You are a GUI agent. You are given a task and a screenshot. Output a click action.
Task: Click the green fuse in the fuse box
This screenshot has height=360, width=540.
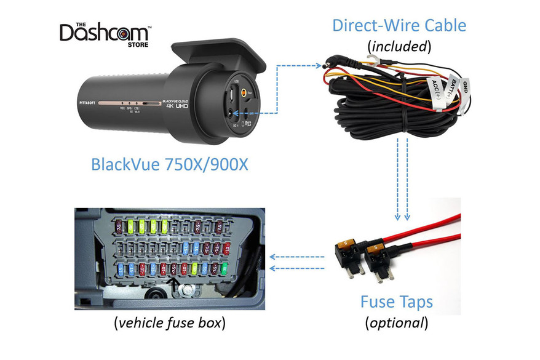point(224,268)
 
